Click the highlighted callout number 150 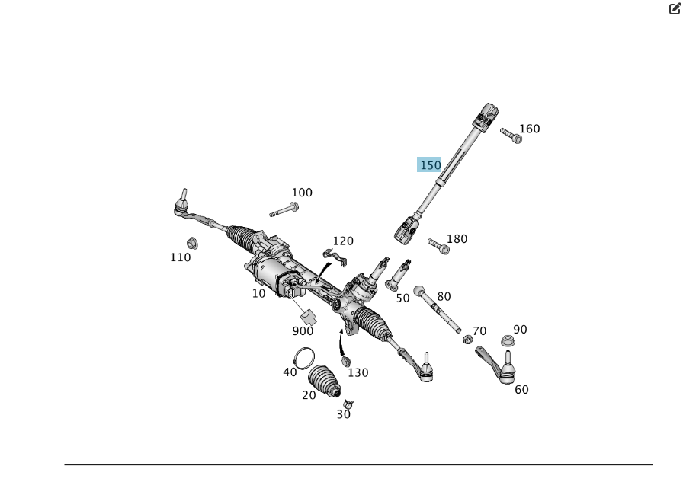[430, 165]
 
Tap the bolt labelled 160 [511, 136]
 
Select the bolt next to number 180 [438, 246]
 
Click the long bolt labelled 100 [284, 209]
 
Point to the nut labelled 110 [192, 243]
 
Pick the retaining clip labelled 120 [335, 257]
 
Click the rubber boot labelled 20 [324, 381]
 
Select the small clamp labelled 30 [348, 404]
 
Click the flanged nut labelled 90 [508, 340]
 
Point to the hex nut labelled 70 [467, 340]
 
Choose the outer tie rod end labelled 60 [498, 365]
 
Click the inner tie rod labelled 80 [437, 308]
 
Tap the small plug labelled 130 [346, 361]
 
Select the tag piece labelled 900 [309, 317]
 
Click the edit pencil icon [675, 8]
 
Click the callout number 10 [258, 294]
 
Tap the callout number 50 [403, 298]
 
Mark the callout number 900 [303, 331]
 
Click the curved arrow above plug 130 [341, 343]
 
